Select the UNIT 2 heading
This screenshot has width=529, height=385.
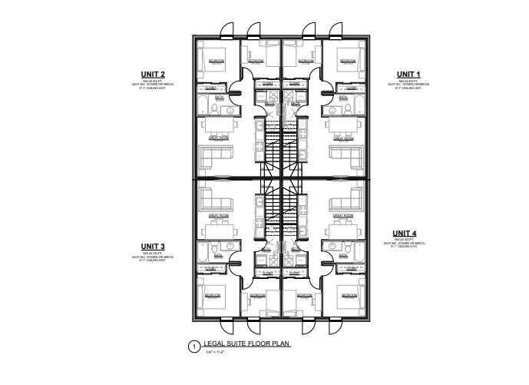pos(154,74)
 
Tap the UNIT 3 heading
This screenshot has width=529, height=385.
pos(154,247)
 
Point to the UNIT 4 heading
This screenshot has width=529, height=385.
pos(405,233)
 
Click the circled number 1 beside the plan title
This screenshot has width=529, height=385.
pos(194,347)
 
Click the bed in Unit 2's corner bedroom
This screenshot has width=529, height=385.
pos(213,59)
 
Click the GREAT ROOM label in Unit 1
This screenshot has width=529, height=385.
pos(343,139)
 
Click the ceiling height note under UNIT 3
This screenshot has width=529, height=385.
pos(154,261)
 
